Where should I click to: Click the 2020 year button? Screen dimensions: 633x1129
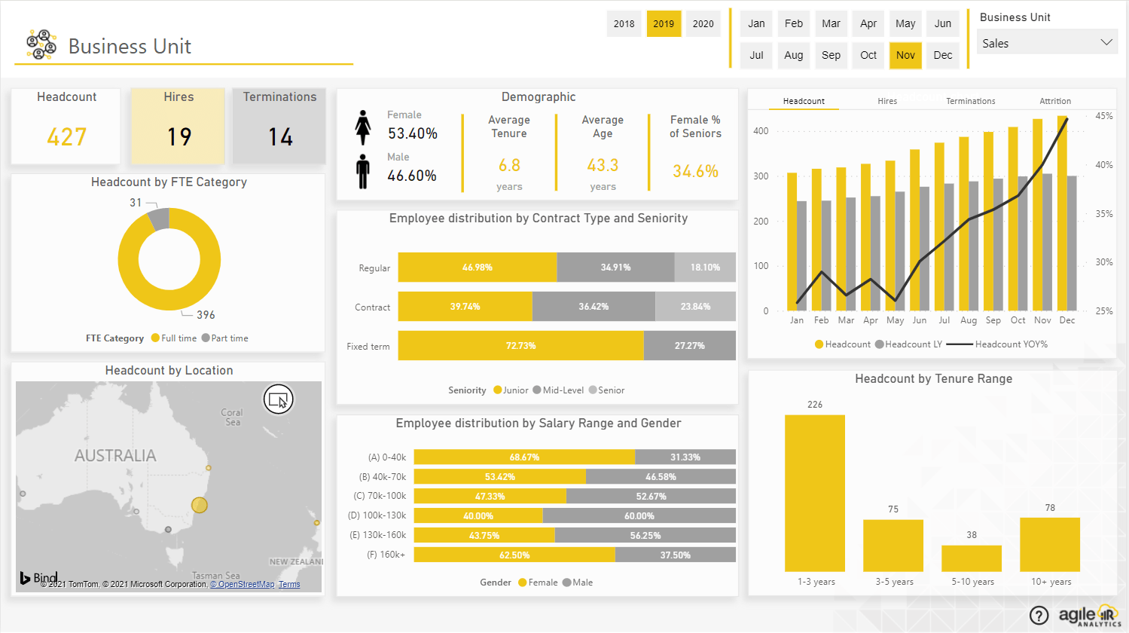tap(703, 24)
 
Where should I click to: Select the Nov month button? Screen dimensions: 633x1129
tap(905, 55)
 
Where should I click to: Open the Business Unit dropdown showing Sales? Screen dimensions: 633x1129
tap(1046, 43)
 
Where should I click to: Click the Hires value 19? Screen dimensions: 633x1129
tap(179, 136)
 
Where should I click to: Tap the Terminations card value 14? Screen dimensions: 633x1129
tap(280, 136)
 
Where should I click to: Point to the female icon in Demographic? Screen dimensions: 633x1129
tap(363, 127)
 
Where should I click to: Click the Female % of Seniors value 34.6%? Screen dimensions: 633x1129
tap(695, 171)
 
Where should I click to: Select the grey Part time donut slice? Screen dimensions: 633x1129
tap(159, 219)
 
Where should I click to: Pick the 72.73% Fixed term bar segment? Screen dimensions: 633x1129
tap(520, 346)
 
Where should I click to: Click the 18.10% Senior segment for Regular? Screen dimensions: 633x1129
tap(705, 268)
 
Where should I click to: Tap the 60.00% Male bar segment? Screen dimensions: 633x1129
tap(639, 516)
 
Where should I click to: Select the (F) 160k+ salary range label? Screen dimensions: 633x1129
tap(386, 555)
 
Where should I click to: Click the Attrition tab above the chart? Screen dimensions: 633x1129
tap(1054, 101)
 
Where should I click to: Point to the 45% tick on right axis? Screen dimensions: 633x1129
tap(1103, 116)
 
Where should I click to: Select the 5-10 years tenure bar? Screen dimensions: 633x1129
tap(972, 558)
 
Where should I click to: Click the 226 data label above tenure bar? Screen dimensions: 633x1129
tap(815, 405)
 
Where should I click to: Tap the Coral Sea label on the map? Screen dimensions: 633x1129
tap(232, 417)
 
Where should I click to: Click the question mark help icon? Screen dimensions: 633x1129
tap(1039, 616)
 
